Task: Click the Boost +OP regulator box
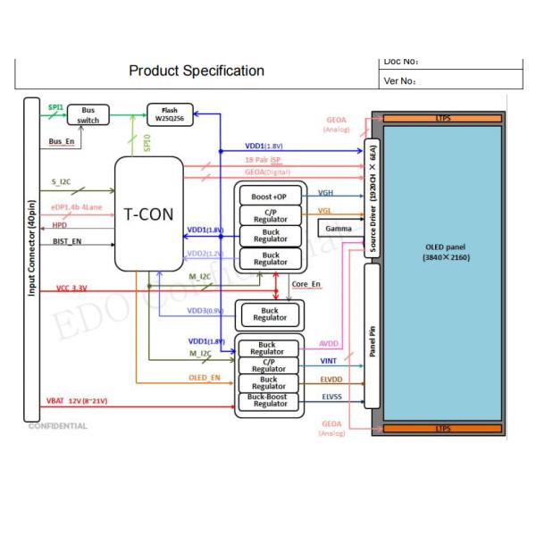pyautogui.click(x=270, y=196)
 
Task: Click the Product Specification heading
pyautogui.click(x=197, y=71)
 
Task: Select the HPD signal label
pyautogui.click(x=61, y=225)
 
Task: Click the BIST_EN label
pyautogui.click(x=69, y=241)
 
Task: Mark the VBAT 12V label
pyautogui.click(x=78, y=401)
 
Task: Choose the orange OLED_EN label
pyautogui.click(x=205, y=377)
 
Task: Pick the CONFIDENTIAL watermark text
pyautogui.click(x=59, y=425)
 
